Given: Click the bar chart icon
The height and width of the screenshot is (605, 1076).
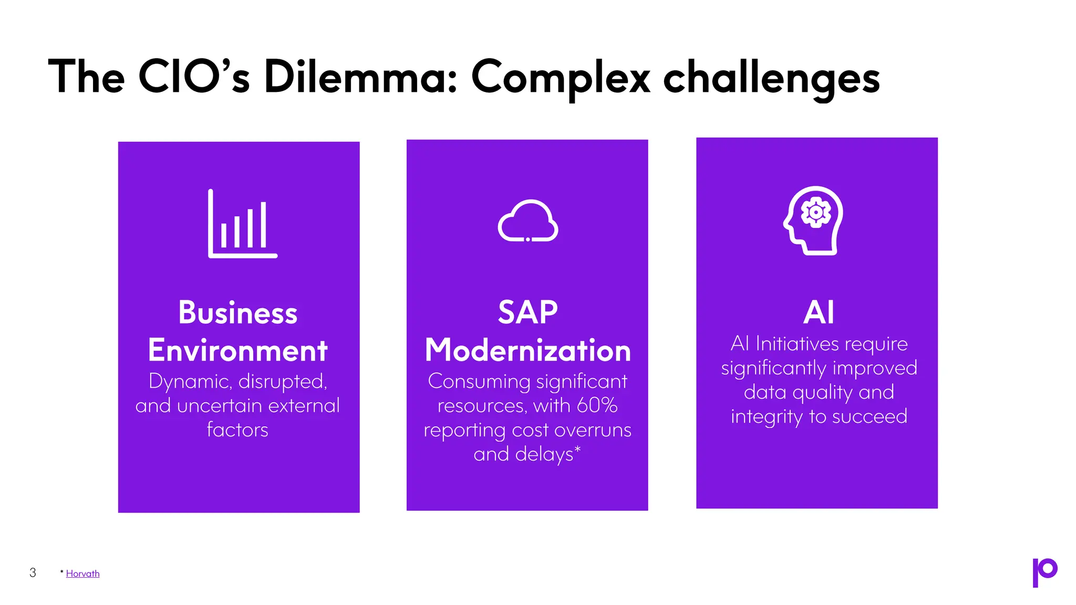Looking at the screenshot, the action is (242, 224).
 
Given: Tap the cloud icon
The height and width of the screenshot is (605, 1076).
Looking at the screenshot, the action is (527, 221).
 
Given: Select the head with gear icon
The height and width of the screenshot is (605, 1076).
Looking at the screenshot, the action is (813, 221).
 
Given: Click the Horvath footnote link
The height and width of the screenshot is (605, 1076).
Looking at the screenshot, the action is (82, 573).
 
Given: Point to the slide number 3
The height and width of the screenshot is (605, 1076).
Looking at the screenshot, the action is (33, 572).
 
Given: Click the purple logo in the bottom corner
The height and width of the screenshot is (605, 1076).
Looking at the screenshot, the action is (1044, 572).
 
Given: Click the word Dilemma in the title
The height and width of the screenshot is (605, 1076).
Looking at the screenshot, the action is (360, 77).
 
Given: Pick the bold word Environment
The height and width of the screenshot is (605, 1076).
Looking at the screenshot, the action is (237, 350).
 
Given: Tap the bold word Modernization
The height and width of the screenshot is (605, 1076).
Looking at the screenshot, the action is (527, 350).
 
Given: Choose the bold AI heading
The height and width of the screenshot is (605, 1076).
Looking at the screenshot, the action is (818, 312).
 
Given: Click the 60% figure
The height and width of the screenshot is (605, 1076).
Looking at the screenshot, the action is (596, 405).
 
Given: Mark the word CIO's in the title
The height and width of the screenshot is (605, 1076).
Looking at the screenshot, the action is (193, 77).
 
